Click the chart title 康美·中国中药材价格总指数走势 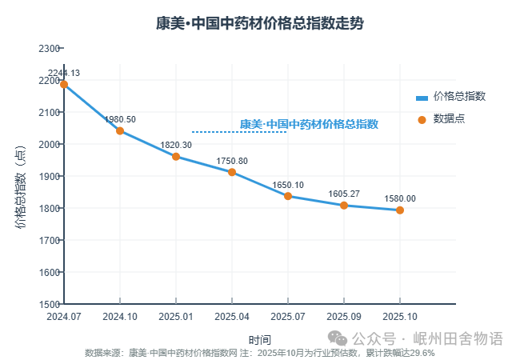pyautogui.click(x=259, y=22)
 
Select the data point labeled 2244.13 pyautogui.click(x=64, y=84)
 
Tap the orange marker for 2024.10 pyautogui.click(x=120, y=130)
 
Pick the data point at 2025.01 pyautogui.click(x=176, y=156)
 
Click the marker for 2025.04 pyautogui.click(x=232, y=172)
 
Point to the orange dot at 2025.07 pyautogui.click(x=288, y=196)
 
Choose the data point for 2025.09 pyautogui.click(x=344, y=206)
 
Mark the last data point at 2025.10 pyautogui.click(x=400, y=210)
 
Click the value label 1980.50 pyautogui.click(x=120, y=119)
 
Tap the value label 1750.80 pyautogui.click(x=232, y=161)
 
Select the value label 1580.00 pyautogui.click(x=400, y=198)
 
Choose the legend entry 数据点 pyautogui.click(x=449, y=118)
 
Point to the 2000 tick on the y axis pyautogui.click(x=50, y=144)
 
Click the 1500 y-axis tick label pyautogui.click(x=50, y=304)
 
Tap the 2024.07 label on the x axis pyautogui.click(x=64, y=317)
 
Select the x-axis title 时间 pyautogui.click(x=259, y=340)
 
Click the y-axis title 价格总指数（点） pyautogui.click(x=22, y=188)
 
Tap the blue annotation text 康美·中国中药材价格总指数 pyautogui.click(x=309, y=124)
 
